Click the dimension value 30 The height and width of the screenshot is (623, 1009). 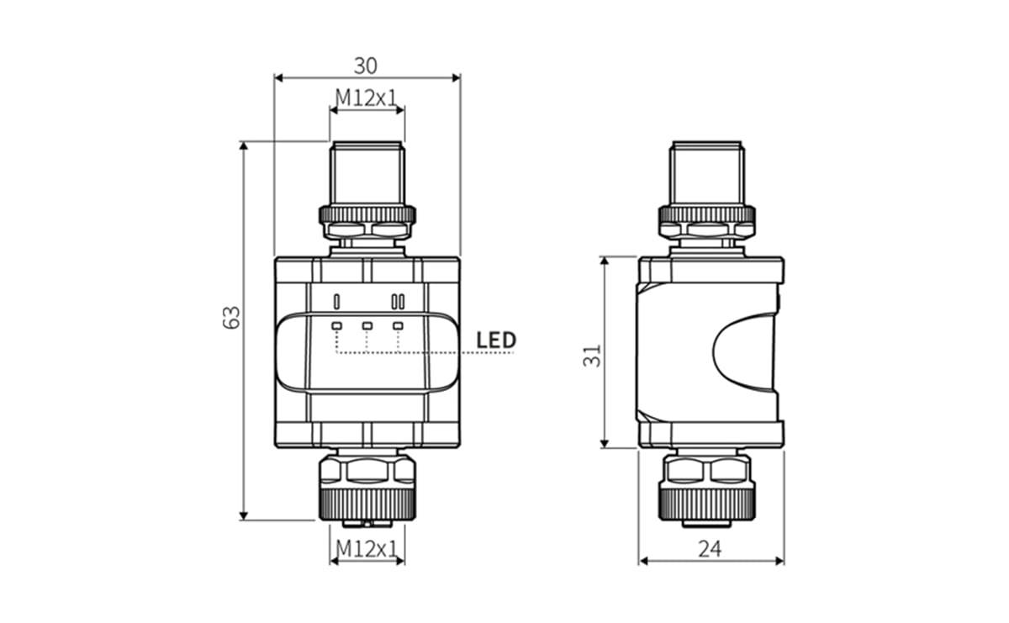(366, 65)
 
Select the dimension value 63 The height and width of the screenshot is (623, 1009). (233, 317)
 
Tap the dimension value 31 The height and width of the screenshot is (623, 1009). (594, 354)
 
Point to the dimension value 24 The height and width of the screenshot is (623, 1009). (711, 549)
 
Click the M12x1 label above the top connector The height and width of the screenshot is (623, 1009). (367, 98)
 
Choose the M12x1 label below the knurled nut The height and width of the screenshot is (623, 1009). (367, 549)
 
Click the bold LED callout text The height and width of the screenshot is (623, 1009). (496, 341)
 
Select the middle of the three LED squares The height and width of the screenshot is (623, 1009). (367, 325)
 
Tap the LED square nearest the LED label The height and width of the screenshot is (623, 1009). (398, 325)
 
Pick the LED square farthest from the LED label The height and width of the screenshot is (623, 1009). (336, 325)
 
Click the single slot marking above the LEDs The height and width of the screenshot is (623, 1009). (336, 301)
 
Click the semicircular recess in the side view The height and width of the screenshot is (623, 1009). (744, 353)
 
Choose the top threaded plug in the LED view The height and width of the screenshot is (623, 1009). (367, 172)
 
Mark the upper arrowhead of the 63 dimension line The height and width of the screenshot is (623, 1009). (245, 146)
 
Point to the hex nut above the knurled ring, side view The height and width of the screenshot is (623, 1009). (711, 468)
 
